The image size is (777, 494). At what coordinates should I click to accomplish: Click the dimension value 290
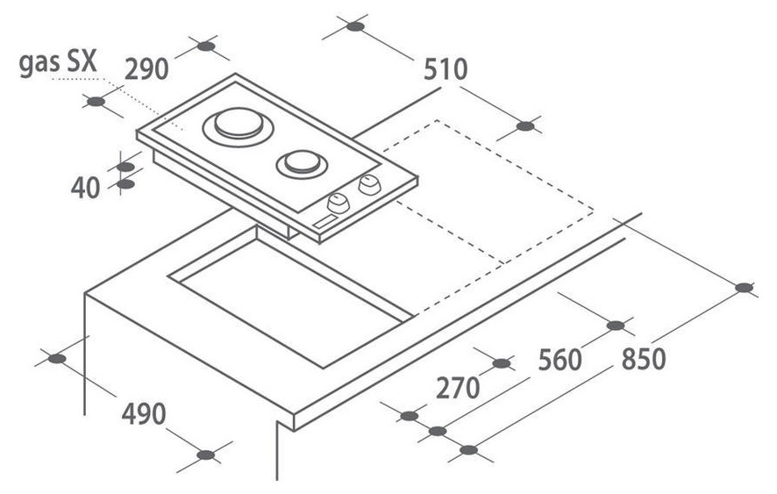tap(146, 69)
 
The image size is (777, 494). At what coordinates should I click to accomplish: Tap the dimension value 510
tap(446, 69)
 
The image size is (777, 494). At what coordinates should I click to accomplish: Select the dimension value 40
tap(86, 188)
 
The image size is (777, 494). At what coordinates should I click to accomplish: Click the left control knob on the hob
tap(335, 204)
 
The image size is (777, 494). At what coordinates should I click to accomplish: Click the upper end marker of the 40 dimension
tap(126, 166)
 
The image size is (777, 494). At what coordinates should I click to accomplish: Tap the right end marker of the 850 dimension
tap(744, 288)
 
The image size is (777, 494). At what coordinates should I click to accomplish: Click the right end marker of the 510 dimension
tap(524, 126)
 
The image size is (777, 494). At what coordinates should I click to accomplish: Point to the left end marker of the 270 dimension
tap(408, 415)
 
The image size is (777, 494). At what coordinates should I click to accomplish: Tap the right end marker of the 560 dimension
tap(616, 326)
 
